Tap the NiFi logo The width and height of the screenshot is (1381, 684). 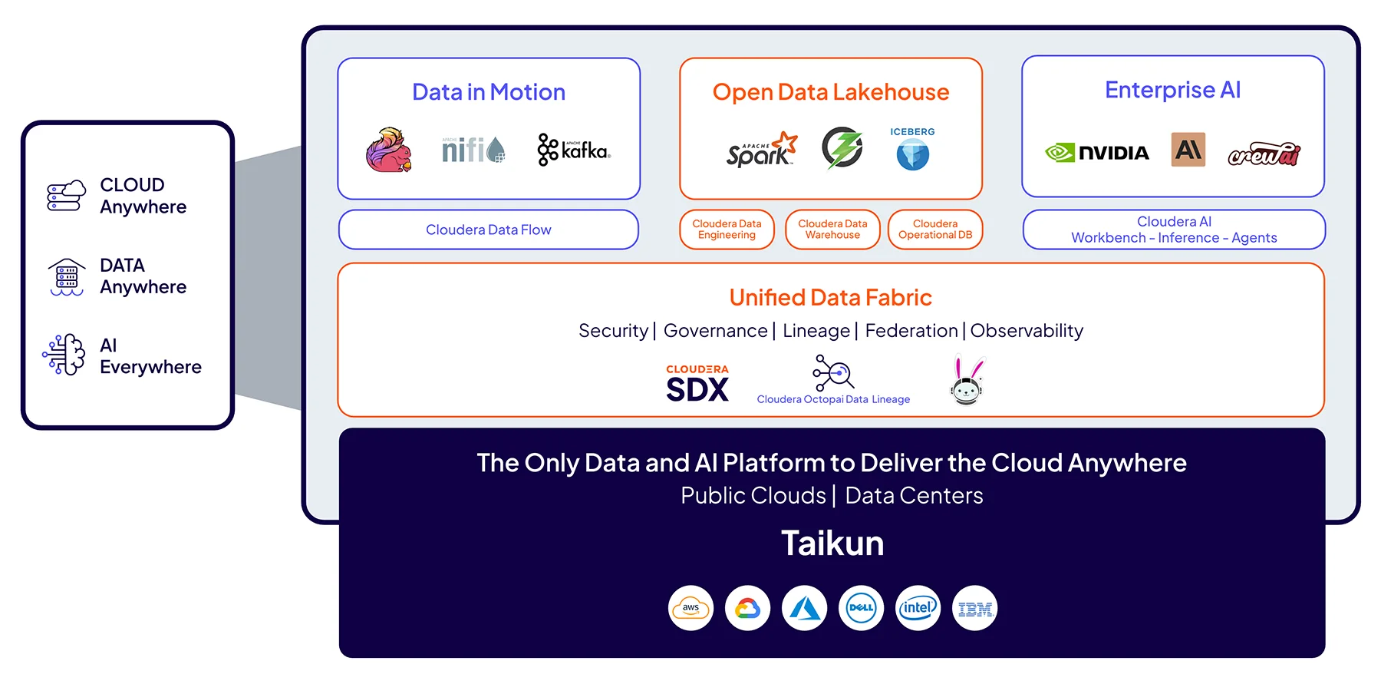473,149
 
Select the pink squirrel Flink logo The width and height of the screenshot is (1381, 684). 389,150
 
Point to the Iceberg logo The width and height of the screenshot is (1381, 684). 912,149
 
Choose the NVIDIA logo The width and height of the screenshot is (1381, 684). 1097,153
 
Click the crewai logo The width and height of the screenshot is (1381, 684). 1264,154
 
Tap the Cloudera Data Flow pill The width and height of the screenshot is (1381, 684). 489,230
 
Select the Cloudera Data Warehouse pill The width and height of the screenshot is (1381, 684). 832,230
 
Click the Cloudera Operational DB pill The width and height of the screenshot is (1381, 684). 934,230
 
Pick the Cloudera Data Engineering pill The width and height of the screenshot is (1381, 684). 727,230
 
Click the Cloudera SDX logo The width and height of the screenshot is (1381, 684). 697,383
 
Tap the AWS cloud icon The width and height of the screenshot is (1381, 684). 690,608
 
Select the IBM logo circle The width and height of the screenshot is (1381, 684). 974,608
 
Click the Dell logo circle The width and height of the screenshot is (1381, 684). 861,608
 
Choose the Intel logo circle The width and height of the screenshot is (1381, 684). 918,608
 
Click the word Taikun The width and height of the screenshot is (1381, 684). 832,544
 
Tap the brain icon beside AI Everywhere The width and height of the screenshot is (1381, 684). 65,355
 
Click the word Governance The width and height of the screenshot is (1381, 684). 715,331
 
